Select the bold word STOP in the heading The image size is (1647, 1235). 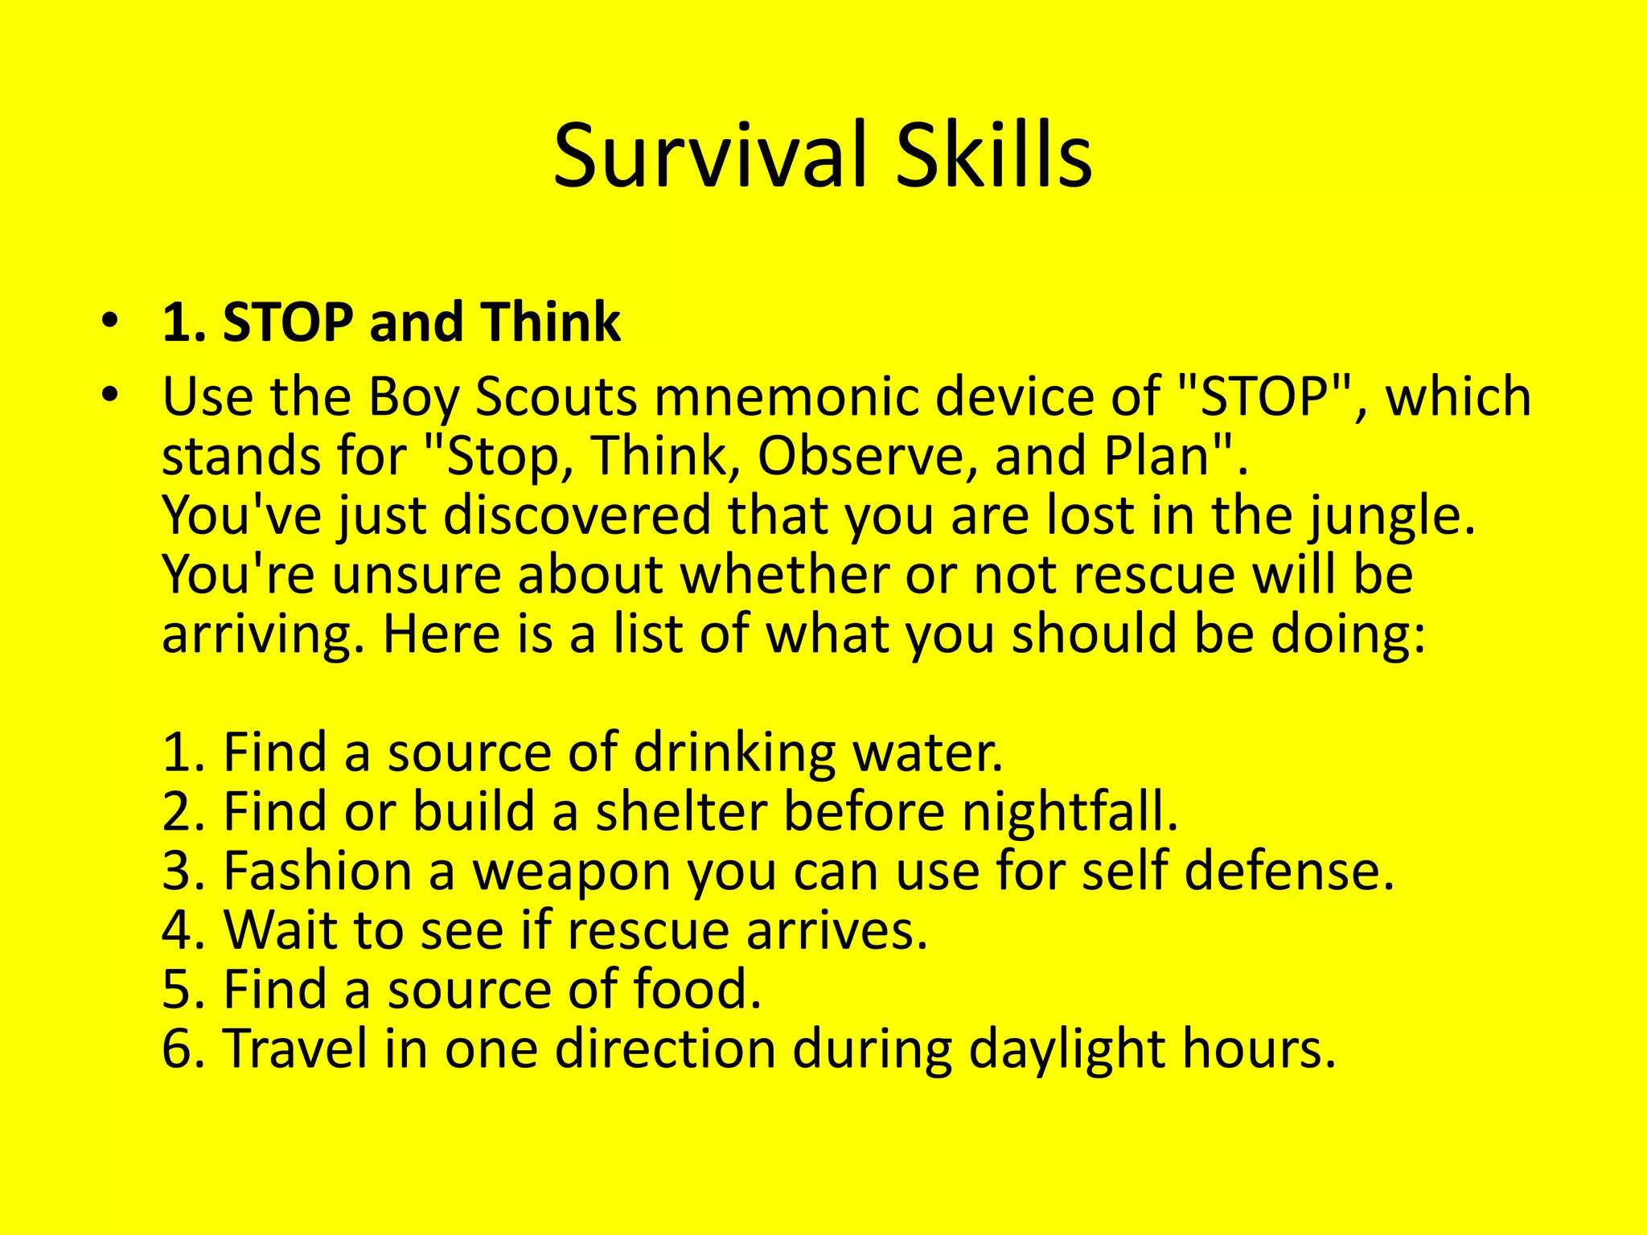pos(288,322)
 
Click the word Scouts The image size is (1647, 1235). pos(556,397)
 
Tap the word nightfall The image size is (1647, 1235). pos(1070,811)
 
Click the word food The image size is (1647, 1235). pos(696,989)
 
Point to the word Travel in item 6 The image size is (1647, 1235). pos(294,1048)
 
